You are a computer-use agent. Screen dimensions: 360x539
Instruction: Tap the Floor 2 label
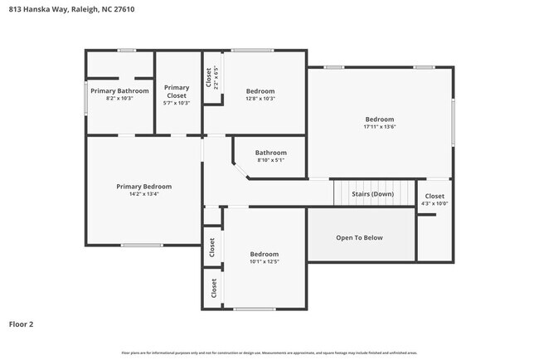[x=22, y=324]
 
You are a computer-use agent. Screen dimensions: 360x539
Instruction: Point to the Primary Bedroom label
[x=143, y=187]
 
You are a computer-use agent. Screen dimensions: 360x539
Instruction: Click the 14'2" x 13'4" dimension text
[x=143, y=195]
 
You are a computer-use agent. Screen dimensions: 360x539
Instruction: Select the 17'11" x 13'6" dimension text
[x=380, y=127]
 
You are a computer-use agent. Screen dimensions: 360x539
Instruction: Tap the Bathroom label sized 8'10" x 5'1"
[x=270, y=153]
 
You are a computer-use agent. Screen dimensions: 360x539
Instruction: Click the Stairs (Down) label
[x=372, y=193]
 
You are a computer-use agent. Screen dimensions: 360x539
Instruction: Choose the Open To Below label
[x=359, y=238]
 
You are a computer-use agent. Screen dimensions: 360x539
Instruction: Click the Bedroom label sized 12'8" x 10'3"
[x=260, y=90]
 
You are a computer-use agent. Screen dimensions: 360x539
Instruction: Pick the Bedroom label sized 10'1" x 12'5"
[x=265, y=254]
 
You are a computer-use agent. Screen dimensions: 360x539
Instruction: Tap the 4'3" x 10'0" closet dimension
[x=435, y=204]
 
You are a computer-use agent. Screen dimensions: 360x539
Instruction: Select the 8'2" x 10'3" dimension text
[x=119, y=99]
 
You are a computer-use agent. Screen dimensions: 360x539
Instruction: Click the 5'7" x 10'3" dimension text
[x=176, y=103]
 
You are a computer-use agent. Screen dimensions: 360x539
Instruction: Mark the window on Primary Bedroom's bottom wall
[x=141, y=245]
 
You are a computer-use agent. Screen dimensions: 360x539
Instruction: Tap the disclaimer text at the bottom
[x=269, y=353]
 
